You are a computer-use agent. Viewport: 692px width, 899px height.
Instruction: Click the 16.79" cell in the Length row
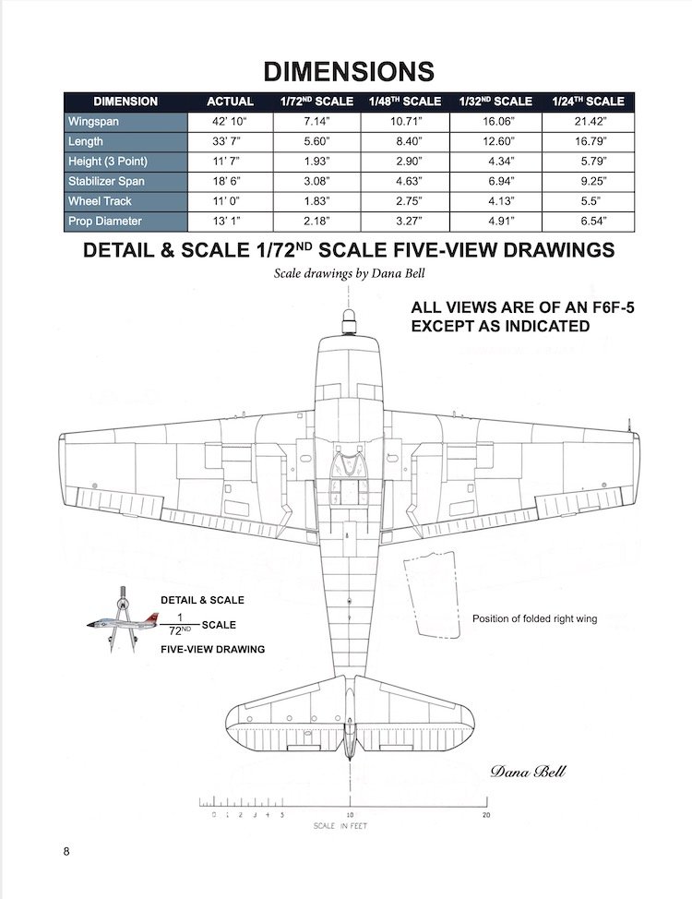(588, 142)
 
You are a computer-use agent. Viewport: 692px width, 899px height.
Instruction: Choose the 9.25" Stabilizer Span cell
(588, 182)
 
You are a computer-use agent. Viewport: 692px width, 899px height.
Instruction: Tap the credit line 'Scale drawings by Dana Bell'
(346, 274)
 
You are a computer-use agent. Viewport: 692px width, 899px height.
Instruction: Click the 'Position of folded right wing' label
(534, 619)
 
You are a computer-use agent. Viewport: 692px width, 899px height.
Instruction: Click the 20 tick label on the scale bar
(486, 816)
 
